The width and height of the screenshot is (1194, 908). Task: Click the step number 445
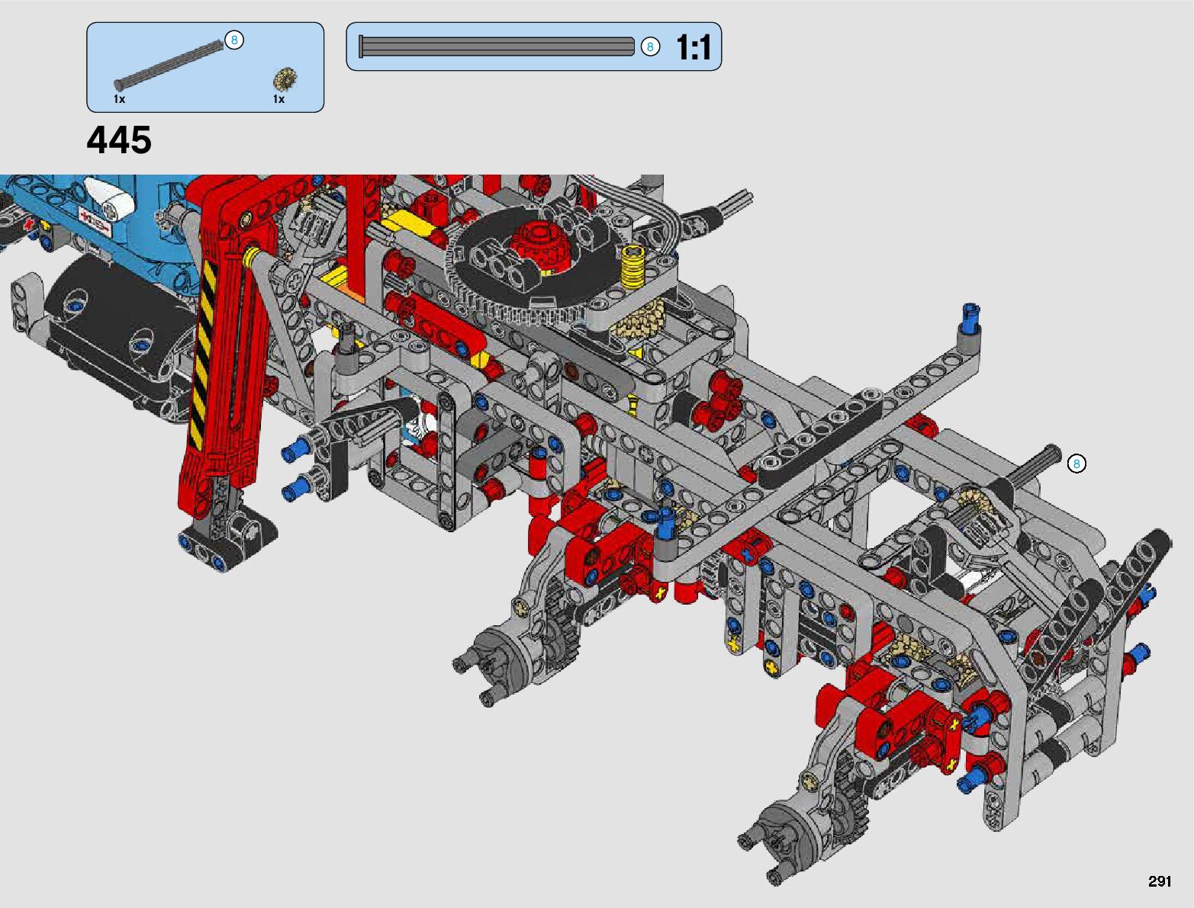pos(119,140)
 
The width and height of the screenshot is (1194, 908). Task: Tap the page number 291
pos(1159,881)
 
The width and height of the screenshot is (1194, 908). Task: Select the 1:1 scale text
pos(694,47)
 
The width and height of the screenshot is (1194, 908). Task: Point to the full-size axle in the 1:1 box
pos(497,47)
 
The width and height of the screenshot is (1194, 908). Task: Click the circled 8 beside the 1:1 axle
pos(649,47)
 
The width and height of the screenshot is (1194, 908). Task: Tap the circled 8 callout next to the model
pos(1076,464)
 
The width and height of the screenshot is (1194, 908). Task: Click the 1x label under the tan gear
pos(278,99)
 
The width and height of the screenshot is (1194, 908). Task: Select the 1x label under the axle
pos(119,99)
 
